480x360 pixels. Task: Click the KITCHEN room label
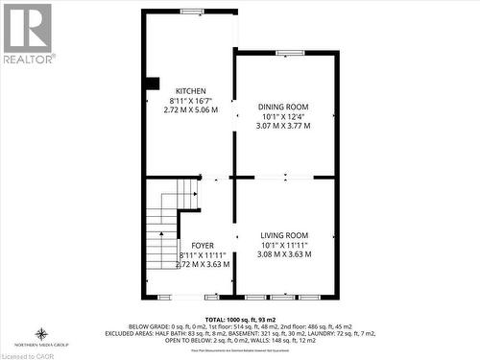pyautogui.click(x=190, y=91)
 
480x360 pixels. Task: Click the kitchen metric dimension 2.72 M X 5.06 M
pyautogui.click(x=190, y=110)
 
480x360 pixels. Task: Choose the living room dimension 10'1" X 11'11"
pyautogui.click(x=284, y=246)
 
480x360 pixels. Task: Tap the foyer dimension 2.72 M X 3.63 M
pyautogui.click(x=203, y=264)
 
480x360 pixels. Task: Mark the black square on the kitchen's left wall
pyautogui.click(x=152, y=84)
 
